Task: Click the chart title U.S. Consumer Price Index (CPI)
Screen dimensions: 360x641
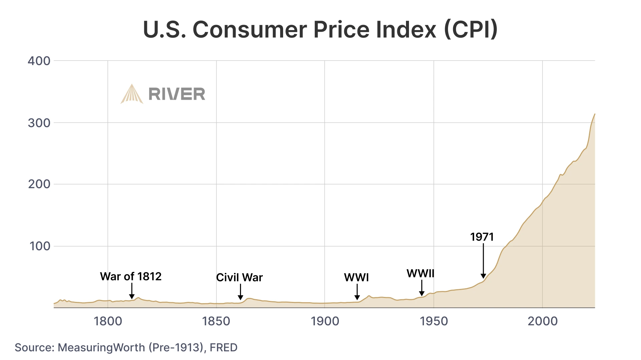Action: [x=320, y=29]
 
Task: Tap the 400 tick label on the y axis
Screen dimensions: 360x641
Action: [x=39, y=61]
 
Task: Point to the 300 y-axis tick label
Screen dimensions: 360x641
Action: [x=39, y=123]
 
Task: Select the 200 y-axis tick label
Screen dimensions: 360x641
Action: [x=39, y=184]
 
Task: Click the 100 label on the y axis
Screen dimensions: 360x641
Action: [x=40, y=246]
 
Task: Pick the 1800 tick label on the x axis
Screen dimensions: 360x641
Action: [x=108, y=321]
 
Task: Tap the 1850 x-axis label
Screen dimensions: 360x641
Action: [x=216, y=321]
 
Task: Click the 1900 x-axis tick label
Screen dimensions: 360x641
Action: [x=325, y=321]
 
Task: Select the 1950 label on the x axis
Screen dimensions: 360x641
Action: [x=434, y=321]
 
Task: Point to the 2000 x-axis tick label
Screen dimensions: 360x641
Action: [x=543, y=321]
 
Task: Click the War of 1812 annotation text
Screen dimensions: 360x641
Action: [x=131, y=277]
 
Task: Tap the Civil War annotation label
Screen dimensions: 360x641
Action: [x=239, y=278]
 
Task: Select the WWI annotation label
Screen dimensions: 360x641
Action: [x=356, y=278]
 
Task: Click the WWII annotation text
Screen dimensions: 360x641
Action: [x=420, y=274]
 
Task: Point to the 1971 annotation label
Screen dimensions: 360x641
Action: [x=482, y=237]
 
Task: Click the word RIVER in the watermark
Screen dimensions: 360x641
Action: [x=177, y=94]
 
